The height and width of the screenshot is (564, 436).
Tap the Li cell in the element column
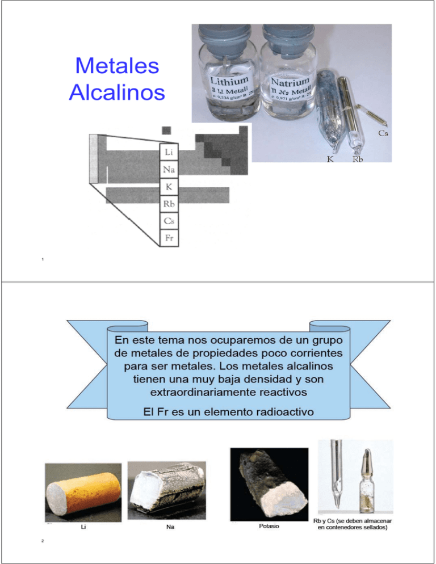point(169,152)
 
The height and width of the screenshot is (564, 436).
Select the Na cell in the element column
point(169,169)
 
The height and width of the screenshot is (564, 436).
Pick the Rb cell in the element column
point(169,203)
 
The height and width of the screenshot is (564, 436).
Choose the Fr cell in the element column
point(169,237)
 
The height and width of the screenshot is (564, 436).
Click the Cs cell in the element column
point(169,220)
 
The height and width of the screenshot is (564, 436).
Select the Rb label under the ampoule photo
point(358,159)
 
